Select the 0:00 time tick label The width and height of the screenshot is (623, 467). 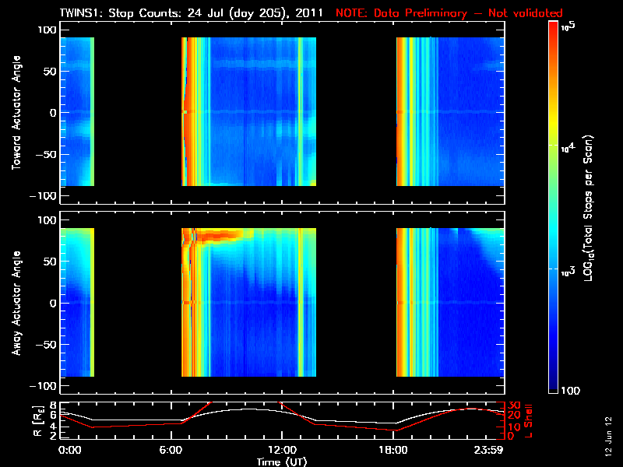[70, 450]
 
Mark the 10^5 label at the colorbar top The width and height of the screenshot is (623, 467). [569, 26]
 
